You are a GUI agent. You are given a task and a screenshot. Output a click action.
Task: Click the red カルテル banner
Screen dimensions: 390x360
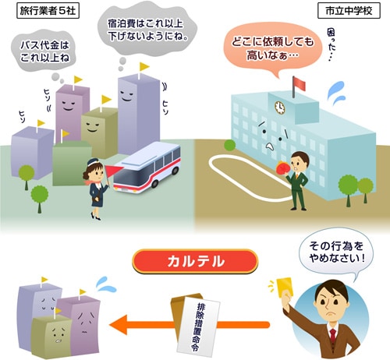point(195,261)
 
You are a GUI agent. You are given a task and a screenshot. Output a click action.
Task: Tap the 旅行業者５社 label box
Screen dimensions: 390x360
point(48,11)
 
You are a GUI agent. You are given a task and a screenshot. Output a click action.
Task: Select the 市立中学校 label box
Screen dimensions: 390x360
point(349,11)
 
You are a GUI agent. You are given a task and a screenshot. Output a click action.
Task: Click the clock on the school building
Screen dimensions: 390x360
point(280,108)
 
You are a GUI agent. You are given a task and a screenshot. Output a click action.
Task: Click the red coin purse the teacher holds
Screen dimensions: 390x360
point(282,169)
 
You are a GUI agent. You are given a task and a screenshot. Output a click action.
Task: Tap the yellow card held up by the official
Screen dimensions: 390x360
point(285,287)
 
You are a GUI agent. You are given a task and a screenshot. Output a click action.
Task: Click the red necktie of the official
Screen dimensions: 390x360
point(332,335)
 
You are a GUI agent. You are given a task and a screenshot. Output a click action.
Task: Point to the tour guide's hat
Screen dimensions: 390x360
point(94,162)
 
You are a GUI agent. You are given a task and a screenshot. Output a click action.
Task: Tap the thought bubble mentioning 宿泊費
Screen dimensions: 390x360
point(147,29)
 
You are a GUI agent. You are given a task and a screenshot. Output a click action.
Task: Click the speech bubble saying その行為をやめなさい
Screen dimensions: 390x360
point(336,252)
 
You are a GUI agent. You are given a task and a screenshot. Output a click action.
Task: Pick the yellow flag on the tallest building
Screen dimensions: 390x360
point(144,67)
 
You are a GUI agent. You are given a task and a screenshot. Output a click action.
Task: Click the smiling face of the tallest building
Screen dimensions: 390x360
point(127,95)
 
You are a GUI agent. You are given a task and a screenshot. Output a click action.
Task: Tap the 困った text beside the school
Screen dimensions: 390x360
point(331,44)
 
